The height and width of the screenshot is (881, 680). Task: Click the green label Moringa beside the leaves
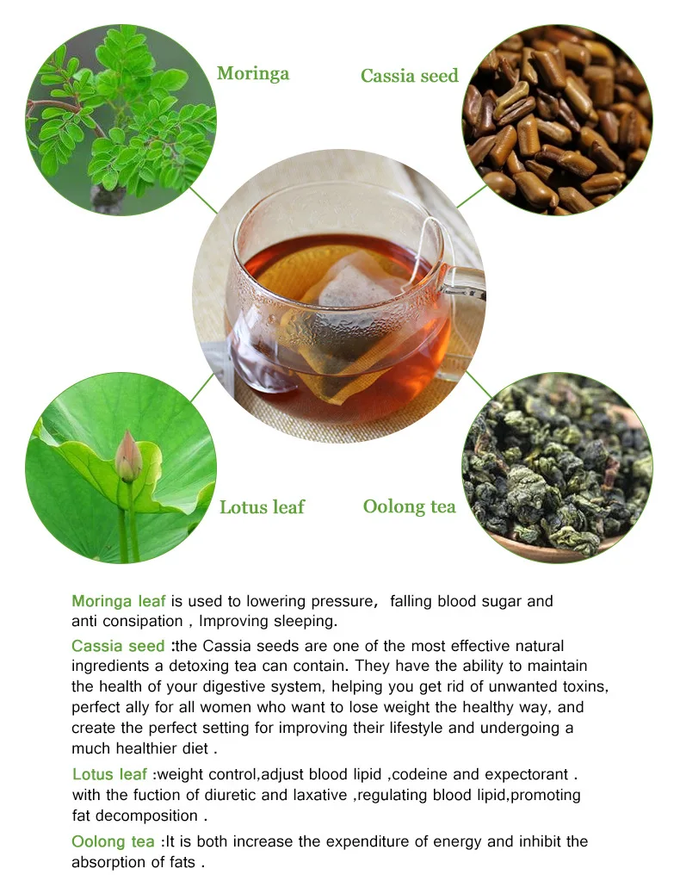click(x=253, y=74)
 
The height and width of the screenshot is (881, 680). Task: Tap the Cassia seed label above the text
click(x=409, y=76)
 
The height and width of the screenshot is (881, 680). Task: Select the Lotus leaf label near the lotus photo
click(x=262, y=507)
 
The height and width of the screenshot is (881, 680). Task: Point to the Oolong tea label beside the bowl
click(x=409, y=506)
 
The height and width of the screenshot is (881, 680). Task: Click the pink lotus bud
click(x=127, y=456)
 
